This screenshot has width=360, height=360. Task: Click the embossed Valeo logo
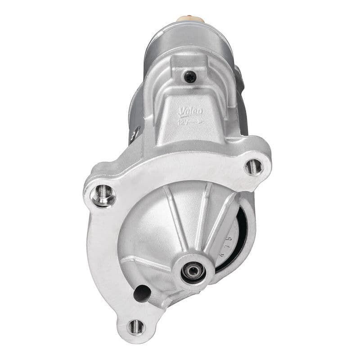pyautogui.click(x=191, y=111)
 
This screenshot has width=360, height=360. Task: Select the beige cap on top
pyautogui.click(x=191, y=19)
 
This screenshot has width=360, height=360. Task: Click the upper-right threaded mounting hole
pyautogui.click(x=254, y=166)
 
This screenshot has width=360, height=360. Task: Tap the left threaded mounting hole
pyautogui.click(x=103, y=194)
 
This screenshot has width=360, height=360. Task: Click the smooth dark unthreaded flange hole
pyautogui.click(x=142, y=293)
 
